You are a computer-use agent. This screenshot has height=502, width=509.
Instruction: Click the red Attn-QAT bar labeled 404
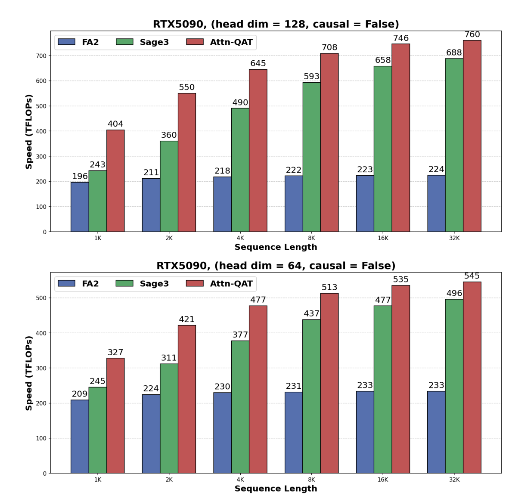[115, 181]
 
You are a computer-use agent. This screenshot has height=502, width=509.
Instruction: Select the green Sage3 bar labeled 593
[311, 157]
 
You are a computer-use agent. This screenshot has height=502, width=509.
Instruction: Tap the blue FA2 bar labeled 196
[80, 207]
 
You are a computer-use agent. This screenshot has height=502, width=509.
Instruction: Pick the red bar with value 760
[472, 136]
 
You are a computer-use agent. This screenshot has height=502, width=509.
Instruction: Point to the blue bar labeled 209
[80, 437]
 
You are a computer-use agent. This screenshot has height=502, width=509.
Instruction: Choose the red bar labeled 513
[329, 383]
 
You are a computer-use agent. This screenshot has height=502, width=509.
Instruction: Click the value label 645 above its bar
[258, 64]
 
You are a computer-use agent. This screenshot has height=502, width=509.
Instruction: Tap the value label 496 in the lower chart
[454, 294]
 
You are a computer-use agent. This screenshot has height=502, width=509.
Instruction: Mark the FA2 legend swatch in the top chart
[66, 42]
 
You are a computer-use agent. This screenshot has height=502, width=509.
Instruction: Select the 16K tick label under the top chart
[383, 238]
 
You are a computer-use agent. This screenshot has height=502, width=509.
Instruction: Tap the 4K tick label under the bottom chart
[240, 480]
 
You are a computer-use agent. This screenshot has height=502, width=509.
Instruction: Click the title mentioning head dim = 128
[276, 25]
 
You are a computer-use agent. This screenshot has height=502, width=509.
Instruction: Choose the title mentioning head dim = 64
[276, 266]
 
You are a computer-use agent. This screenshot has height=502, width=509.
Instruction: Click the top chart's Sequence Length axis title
[276, 248]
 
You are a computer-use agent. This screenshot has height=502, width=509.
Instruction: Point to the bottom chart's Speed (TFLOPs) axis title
[29, 373]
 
